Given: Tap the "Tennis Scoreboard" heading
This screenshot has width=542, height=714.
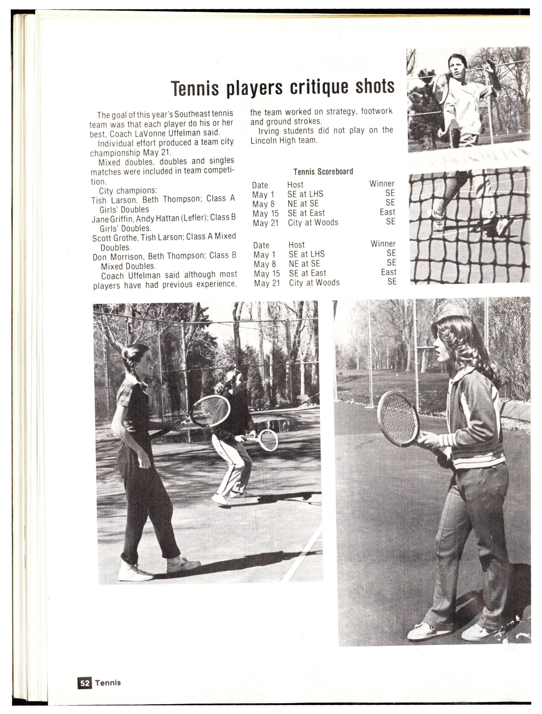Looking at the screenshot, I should coord(323,171).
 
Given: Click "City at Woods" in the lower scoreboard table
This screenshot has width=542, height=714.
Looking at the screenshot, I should coord(314,283).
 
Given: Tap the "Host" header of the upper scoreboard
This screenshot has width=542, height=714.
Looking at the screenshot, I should coord(295,185).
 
